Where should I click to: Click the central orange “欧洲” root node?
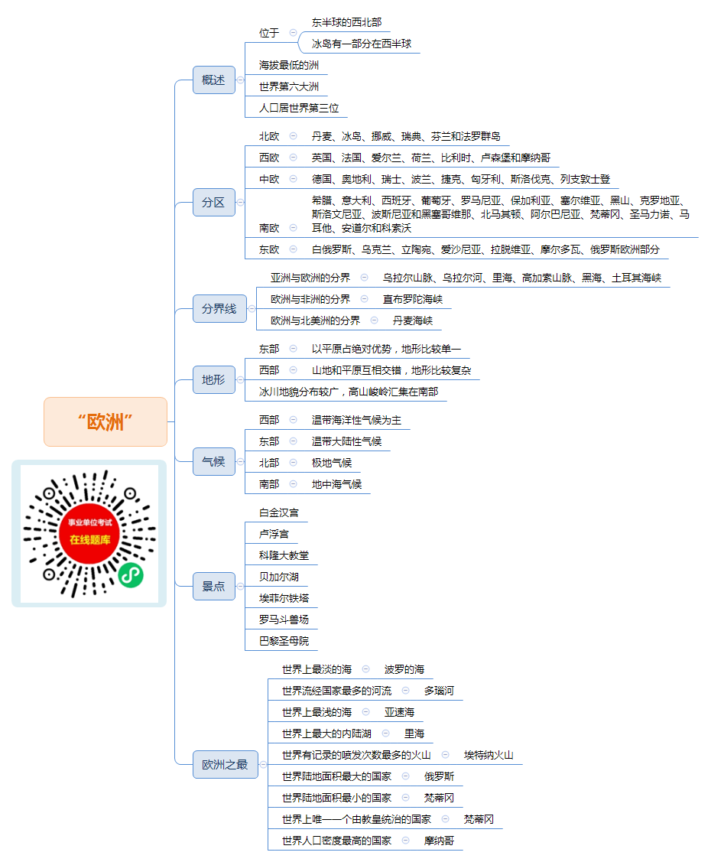[x=106, y=421]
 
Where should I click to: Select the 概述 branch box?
[x=214, y=80]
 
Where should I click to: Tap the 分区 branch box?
[x=214, y=202]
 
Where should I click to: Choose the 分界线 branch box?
[x=219, y=308]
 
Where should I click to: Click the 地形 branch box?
[x=214, y=379]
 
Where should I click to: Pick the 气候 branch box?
[x=214, y=461]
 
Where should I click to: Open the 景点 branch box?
[x=214, y=586]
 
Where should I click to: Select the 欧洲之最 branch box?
[x=226, y=764]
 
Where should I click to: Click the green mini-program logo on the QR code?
[x=131, y=575]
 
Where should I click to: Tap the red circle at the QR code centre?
[x=89, y=532]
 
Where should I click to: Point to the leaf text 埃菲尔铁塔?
[x=284, y=598]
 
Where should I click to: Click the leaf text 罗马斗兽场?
[x=284, y=620]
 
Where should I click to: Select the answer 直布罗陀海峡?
[x=413, y=299]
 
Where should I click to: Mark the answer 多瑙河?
[x=439, y=691]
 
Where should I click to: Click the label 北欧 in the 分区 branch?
[x=269, y=136]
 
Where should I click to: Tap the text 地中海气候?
[x=337, y=484]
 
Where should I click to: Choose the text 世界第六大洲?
[x=289, y=86]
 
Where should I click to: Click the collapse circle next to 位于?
[x=293, y=32]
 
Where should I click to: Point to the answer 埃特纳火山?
[x=489, y=755]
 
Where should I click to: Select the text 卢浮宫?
[x=274, y=534]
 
